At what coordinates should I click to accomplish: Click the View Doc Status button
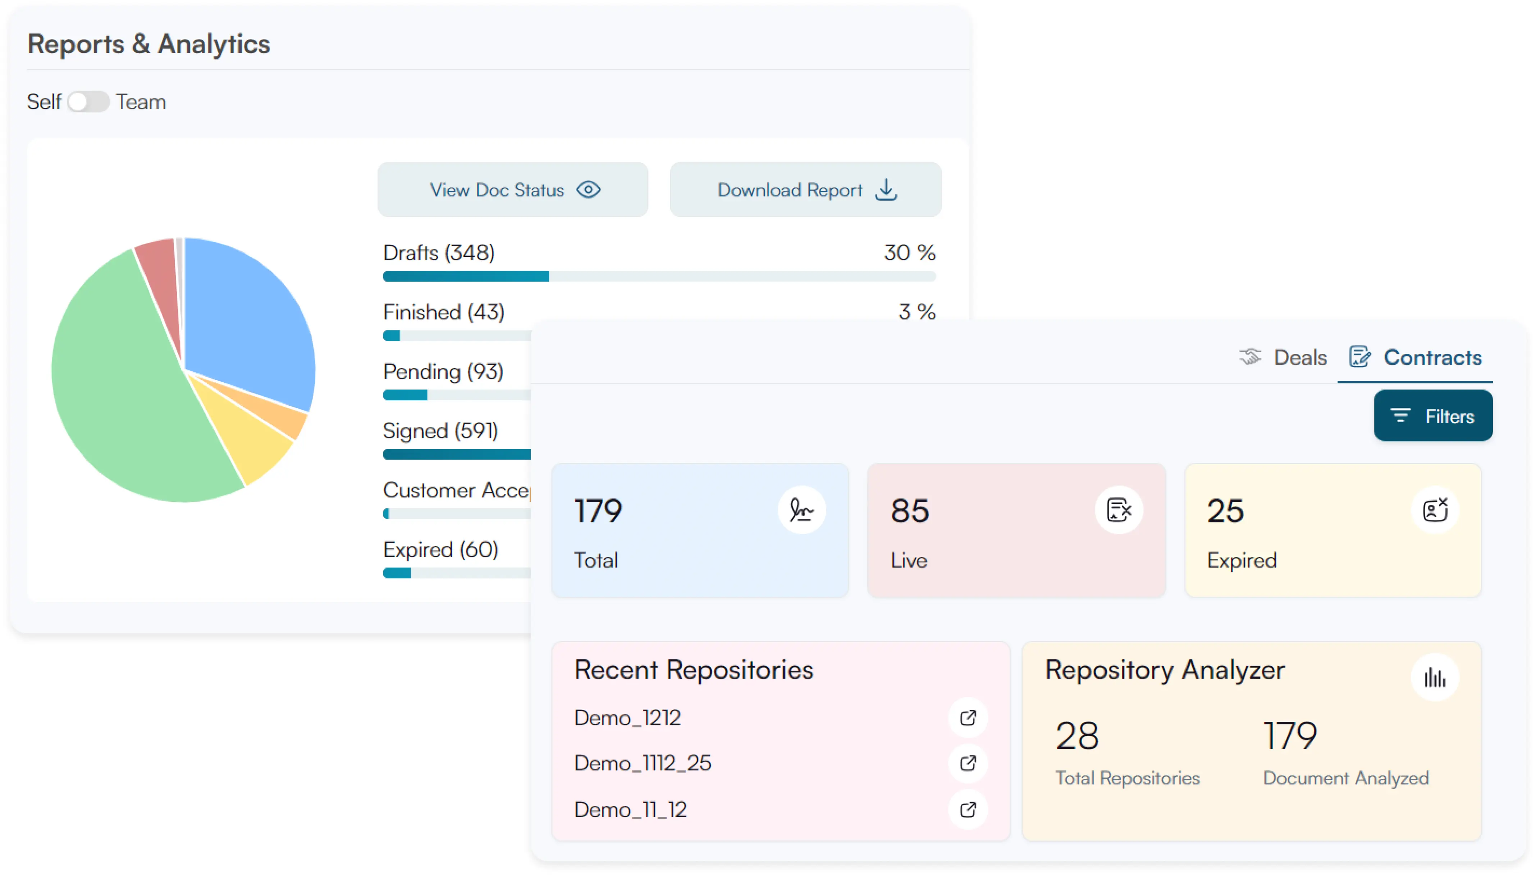pyautogui.click(x=512, y=190)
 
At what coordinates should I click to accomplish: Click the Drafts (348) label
pyautogui.click(x=439, y=253)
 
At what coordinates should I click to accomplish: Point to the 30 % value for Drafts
pyautogui.click(x=909, y=253)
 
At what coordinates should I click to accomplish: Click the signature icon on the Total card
pyautogui.click(x=801, y=510)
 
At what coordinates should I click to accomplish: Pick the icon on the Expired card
pyautogui.click(x=1435, y=510)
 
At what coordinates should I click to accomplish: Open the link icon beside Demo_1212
pyautogui.click(x=968, y=717)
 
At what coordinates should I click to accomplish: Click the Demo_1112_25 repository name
pyautogui.click(x=642, y=763)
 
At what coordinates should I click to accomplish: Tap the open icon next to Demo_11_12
pyautogui.click(x=968, y=810)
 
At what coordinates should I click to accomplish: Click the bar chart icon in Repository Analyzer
pyautogui.click(x=1435, y=678)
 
